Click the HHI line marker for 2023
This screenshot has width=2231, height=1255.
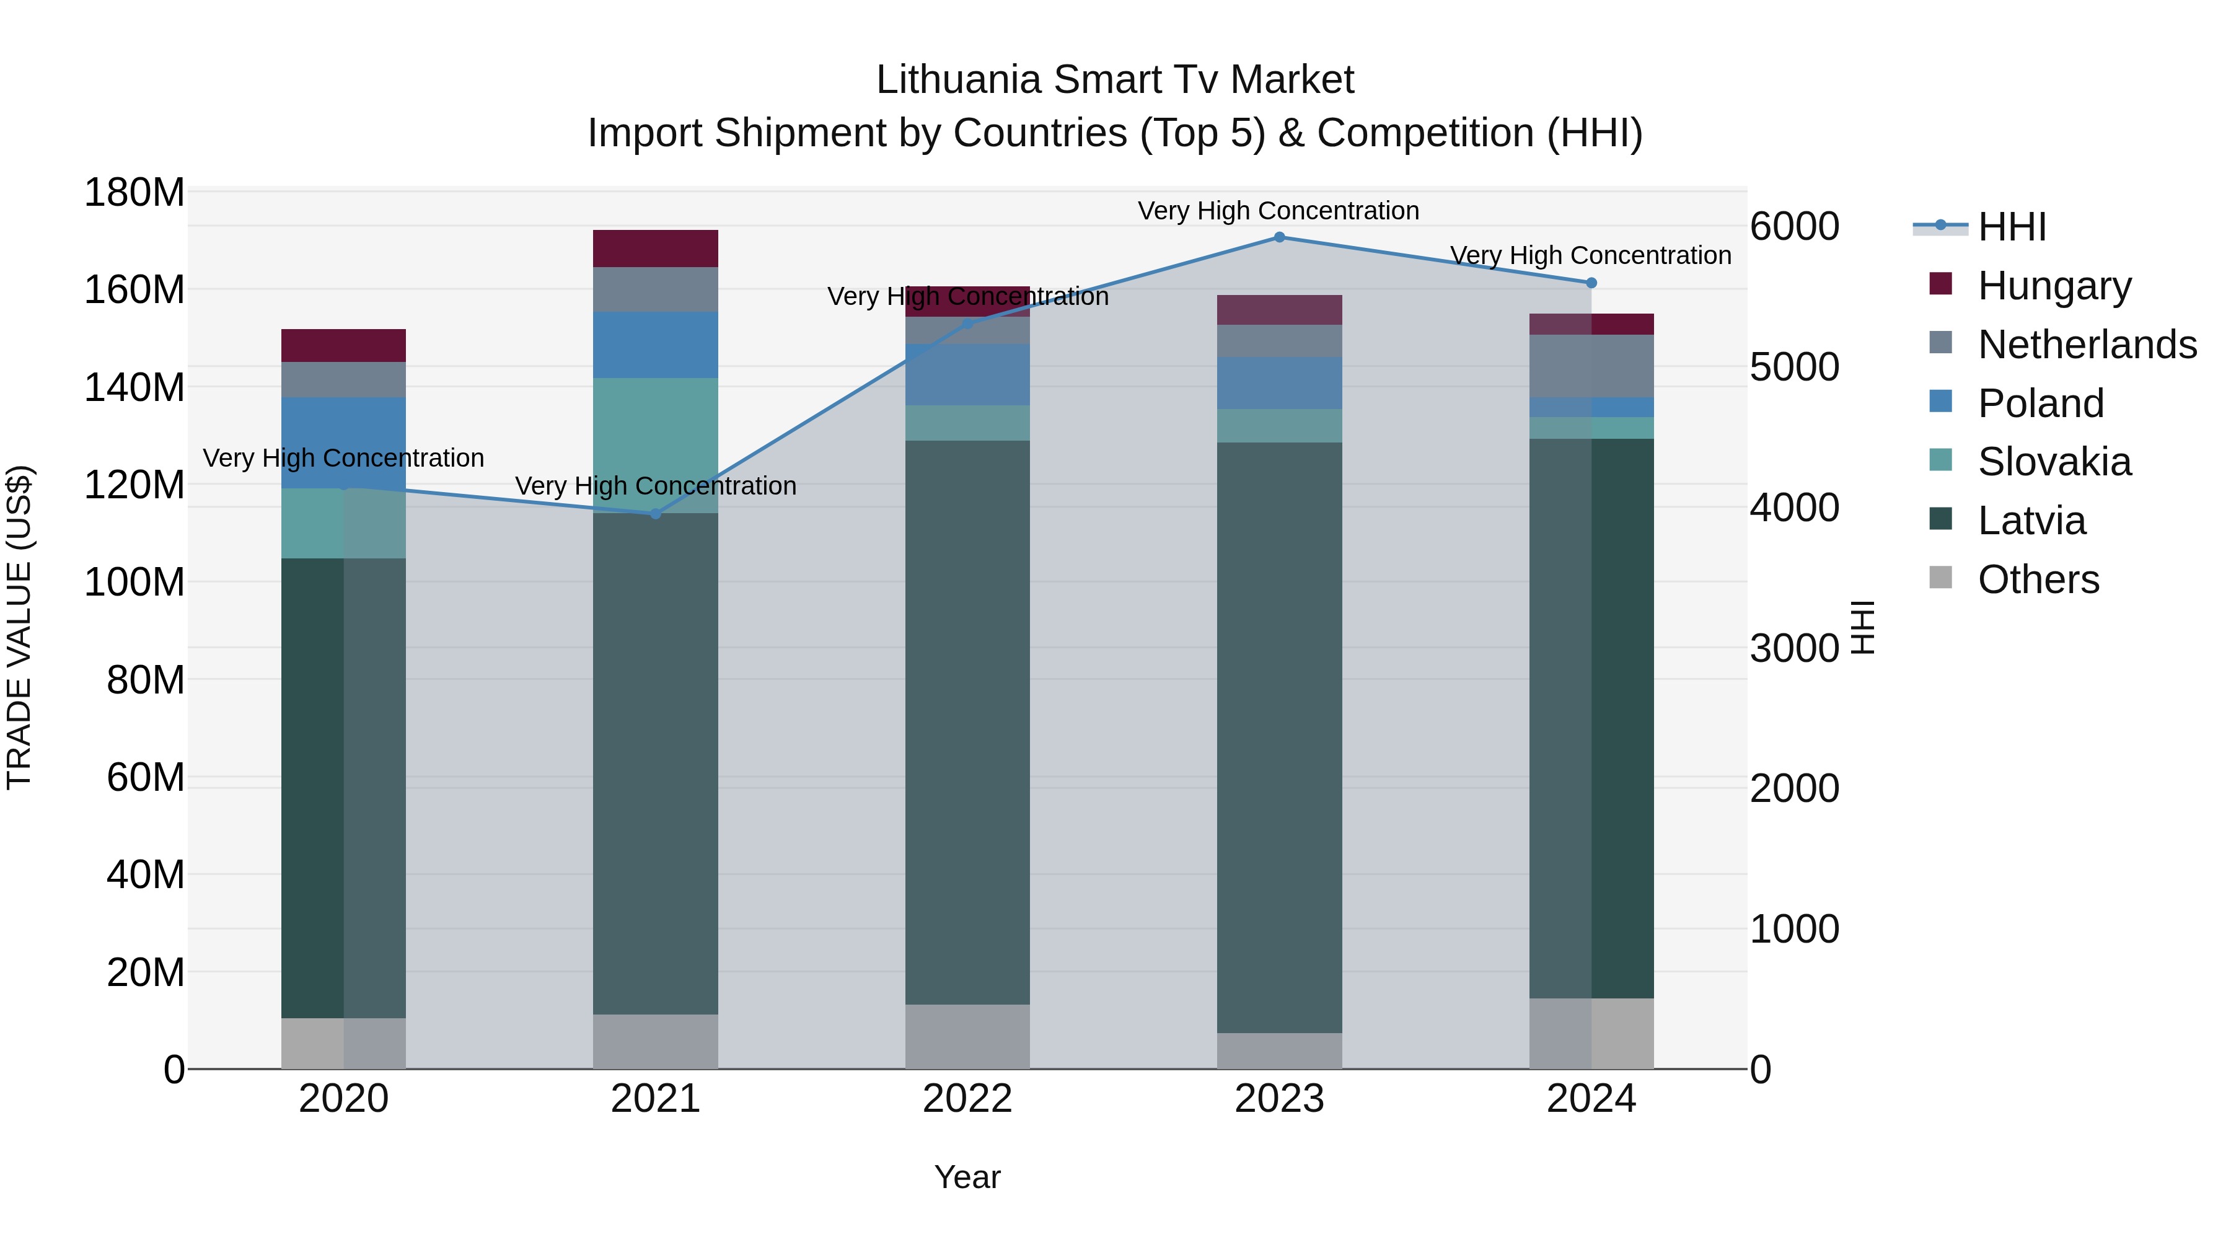point(1279,237)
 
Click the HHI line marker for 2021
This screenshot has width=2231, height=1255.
point(656,514)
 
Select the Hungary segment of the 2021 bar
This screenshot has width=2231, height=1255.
point(656,249)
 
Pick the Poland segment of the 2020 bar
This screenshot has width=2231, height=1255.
point(344,443)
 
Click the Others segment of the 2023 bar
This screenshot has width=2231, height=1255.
point(1279,1050)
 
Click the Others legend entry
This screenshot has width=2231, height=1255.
point(2038,579)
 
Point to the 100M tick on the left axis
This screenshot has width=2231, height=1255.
point(134,582)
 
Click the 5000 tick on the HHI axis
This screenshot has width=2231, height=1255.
point(1793,368)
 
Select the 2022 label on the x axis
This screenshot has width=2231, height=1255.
point(967,1099)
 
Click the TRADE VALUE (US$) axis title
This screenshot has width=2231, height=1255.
point(19,627)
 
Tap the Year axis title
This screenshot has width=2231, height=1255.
point(967,1177)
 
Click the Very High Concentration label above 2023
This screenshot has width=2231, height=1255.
point(1278,211)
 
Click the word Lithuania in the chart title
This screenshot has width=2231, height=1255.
point(959,80)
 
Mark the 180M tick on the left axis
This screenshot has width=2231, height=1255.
point(134,192)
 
